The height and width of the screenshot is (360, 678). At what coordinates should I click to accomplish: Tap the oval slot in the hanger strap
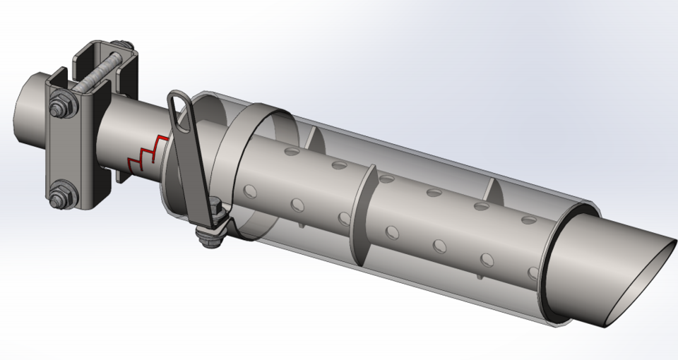(x=182, y=113)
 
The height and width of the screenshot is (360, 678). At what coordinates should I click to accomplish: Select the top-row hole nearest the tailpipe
(x=528, y=220)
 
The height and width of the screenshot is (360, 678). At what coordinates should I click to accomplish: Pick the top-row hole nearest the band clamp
(x=291, y=151)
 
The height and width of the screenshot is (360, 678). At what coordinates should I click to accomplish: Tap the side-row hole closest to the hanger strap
(x=249, y=191)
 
